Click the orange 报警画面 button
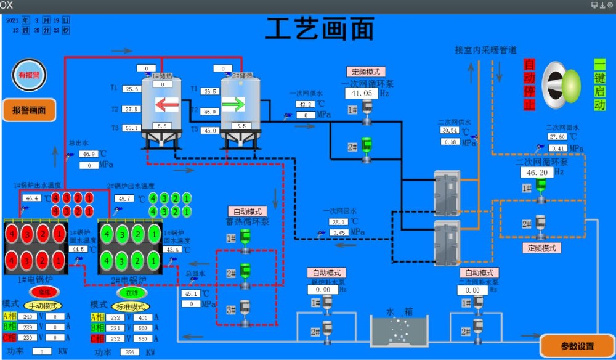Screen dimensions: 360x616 30,110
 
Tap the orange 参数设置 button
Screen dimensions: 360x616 577,345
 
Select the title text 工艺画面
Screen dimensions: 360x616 320,28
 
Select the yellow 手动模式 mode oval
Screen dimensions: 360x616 44,305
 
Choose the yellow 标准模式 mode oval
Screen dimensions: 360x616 131,306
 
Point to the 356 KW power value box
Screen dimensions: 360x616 128,352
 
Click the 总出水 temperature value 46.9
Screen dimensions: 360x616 89,154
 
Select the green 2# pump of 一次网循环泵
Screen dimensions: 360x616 367,147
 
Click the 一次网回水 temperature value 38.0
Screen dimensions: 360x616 338,222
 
